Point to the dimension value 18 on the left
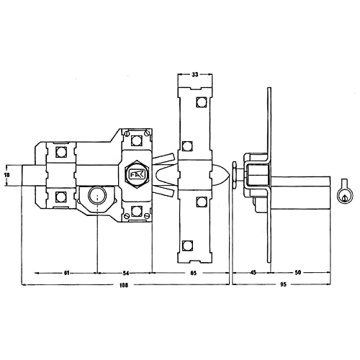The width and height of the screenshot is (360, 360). [8, 174]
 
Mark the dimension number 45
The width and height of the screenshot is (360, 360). [253, 274]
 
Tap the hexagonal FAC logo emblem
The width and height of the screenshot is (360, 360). [137, 174]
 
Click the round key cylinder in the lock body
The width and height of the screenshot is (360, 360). [96, 195]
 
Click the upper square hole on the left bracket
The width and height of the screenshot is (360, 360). [60, 152]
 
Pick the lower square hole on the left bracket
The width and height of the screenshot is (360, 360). [60, 197]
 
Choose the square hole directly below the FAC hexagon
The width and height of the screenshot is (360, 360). [137, 210]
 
